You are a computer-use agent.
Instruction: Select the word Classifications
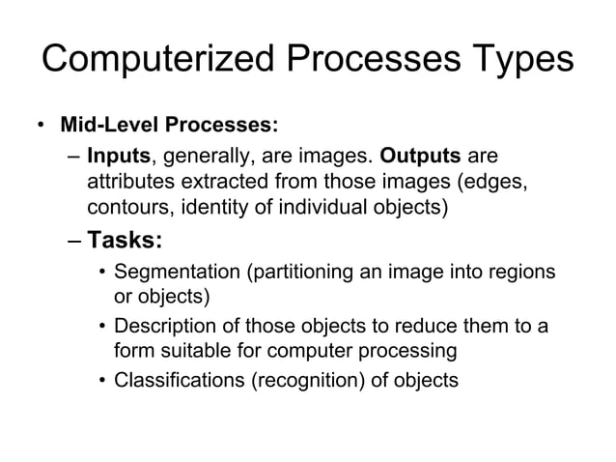tap(180, 380)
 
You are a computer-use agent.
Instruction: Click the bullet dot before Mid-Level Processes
tap(40, 127)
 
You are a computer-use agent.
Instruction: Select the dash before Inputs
tap(74, 157)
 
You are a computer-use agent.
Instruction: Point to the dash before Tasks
tap(74, 239)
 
